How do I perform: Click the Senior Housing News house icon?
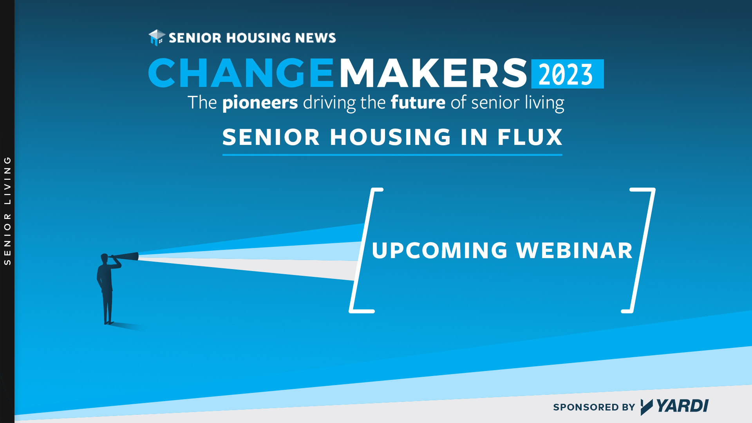pyautogui.click(x=157, y=38)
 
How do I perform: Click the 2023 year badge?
pyautogui.click(x=567, y=74)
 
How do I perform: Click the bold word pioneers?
pyautogui.click(x=260, y=103)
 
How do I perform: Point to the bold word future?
pyautogui.click(x=418, y=102)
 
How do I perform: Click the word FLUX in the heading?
pyautogui.click(x=530, y=137)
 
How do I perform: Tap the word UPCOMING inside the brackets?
pyautogui.click(x=439, y=250)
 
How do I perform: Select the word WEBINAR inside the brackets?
pyautogui.click(x=574, y=250)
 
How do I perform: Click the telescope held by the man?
pyautogui.click(x=125, y=257)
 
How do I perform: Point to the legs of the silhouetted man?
pyautogui.click(x=108, y=307)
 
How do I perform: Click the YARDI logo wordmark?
pyautogui.click(x=674, y=407)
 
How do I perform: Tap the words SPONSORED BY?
pyautogui.click(x=594, y=407)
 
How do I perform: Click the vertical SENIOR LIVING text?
pyautogui.click(x=7, y=211)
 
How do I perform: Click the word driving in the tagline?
pyautogui.click(x=329, y=103)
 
